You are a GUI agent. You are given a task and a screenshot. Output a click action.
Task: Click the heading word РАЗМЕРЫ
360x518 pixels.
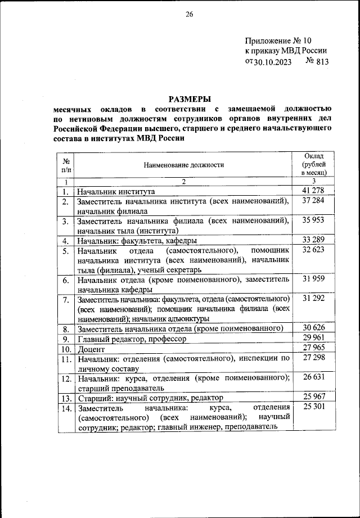click(190, 98)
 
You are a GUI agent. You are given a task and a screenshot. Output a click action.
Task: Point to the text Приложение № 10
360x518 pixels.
click(277, 40)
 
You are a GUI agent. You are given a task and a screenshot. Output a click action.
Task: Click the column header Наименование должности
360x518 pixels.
click(183, 165)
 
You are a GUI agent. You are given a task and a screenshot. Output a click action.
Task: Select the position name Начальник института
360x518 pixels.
click(116, 192)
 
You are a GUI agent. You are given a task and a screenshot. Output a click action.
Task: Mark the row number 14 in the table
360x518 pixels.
click(66, 407)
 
